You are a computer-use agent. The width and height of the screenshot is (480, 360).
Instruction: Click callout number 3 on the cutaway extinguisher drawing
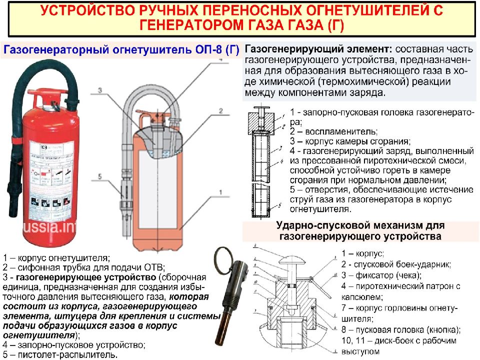tap(99, 90)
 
